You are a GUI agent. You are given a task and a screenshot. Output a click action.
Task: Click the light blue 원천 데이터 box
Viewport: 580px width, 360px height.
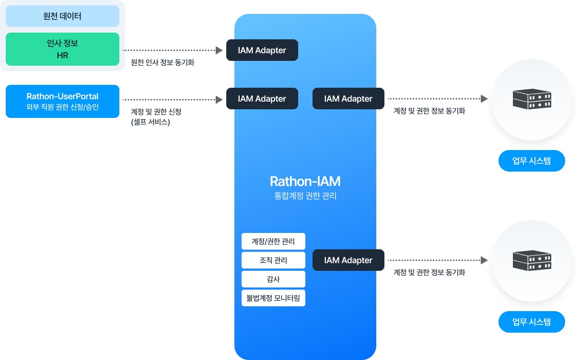click(62, 16)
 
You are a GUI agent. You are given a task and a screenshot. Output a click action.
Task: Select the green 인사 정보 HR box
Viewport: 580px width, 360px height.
click(62, 49)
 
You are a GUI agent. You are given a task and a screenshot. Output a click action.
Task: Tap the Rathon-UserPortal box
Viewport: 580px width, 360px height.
click(62, 101)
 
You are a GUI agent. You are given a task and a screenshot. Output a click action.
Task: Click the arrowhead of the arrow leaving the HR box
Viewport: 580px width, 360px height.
click(220, 50)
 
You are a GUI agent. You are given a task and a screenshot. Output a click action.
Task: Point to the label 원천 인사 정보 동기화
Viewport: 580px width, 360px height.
click(162, 62)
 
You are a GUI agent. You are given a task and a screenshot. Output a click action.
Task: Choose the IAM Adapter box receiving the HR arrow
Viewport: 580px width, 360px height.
click(262, 50)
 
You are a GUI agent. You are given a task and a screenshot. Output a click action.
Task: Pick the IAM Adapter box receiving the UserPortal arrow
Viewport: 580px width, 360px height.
click(262, 99)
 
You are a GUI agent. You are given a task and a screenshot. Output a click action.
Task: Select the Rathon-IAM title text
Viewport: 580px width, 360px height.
click(305, 182)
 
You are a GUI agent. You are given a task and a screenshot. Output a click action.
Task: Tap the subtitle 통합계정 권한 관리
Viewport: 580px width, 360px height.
click(305, 196)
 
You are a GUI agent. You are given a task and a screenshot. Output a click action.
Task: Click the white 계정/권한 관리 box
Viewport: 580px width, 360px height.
click(273, 241)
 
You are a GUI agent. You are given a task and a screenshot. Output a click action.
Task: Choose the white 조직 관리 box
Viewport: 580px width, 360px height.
click(273, 260)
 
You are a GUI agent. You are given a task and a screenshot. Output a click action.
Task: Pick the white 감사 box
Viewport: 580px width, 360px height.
click(273, 279)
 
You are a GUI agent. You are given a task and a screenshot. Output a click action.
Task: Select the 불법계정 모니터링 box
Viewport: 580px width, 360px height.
click(273, 298)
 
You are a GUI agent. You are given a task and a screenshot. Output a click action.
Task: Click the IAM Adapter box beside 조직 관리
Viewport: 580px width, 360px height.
click(348, 260)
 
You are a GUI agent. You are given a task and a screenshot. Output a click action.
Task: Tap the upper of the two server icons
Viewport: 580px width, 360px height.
click(532, 99)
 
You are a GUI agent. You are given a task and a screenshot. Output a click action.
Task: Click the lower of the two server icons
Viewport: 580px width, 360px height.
click(532, 260)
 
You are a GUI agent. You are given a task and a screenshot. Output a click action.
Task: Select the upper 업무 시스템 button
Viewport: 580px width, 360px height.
click(532, 161)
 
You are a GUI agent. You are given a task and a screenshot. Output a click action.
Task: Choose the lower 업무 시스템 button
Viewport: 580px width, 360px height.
click(532, 322)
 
